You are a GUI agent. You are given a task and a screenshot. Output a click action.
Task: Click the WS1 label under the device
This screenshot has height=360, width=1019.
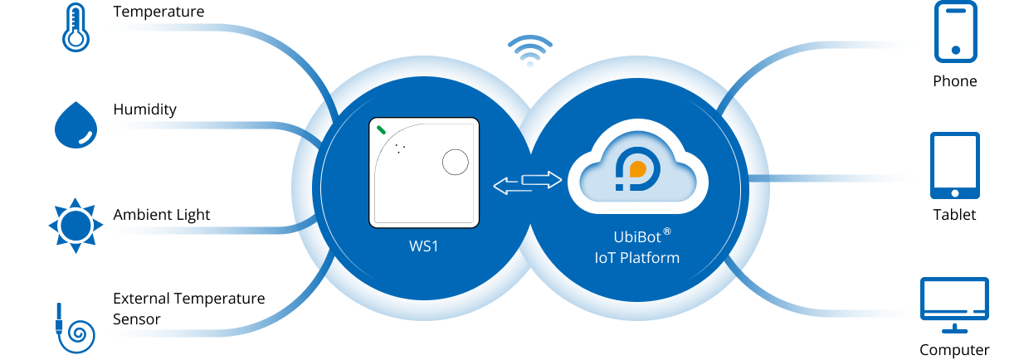pyautogui.click(x=424, y=248)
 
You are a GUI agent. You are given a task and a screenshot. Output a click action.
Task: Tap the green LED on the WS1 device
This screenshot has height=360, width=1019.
pyautogui.click(x=382, y=129)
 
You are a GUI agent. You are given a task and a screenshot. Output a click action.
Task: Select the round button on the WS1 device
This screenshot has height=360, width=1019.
pyautogui.click(x=455, y=162)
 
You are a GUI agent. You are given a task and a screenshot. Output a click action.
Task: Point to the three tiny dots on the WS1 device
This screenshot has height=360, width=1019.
pyautogui.click(x=400, y=148)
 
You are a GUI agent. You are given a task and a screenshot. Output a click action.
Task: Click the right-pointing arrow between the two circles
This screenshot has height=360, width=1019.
pyautogui.click(x=541, y=178)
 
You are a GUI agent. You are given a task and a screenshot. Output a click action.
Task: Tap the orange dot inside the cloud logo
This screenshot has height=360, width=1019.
pyautogui.click(x=638, y=168)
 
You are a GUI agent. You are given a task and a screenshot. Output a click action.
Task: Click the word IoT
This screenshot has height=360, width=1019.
pyautogui.click(x=603, y=258)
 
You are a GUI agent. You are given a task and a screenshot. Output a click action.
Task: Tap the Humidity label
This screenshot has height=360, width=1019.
pyautogui.click(x=145, y=110)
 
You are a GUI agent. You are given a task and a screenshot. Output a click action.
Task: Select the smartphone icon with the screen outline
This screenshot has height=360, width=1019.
pyautogui.click(x=956, y=32)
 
